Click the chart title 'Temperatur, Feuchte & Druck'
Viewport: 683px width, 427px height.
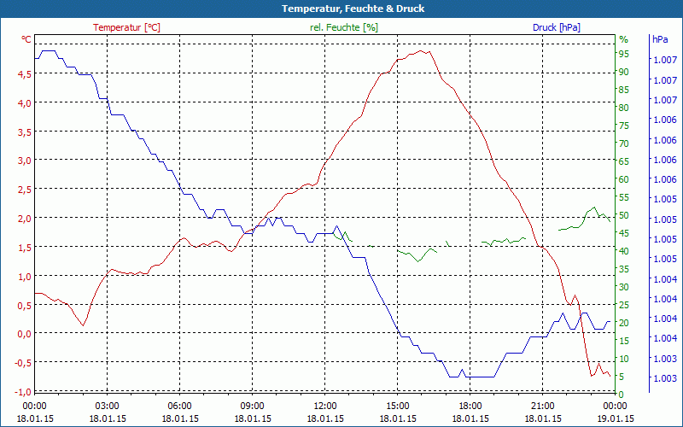[x=341, y=9]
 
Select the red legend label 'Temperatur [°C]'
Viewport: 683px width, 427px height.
[x=126, y=27]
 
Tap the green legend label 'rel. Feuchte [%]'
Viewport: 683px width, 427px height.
[x=343, y=27]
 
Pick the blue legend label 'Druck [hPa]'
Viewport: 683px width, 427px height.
[x=556, y=27]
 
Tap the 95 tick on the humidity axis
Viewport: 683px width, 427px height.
[x=624, y=54]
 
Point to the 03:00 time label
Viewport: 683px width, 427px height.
[x=107, y=406]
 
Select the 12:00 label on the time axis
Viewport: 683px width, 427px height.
[x=325, y=406]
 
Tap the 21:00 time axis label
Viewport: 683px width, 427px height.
[x=543, y=406]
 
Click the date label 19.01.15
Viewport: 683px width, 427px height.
[x=616, y=418]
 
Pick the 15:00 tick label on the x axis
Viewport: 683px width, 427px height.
[x=398, y=406]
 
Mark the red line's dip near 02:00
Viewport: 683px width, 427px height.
[x=83, y=325]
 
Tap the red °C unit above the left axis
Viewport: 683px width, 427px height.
[x=26, y=39]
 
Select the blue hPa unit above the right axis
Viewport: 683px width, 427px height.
[x=660, y=39]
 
